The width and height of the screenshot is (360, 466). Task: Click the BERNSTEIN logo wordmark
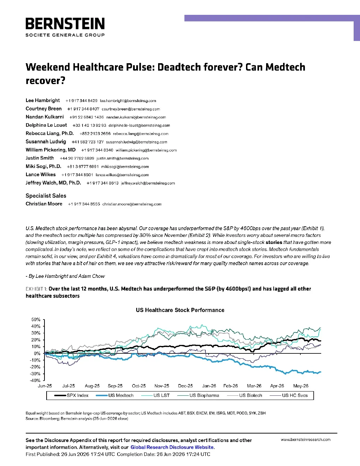point(65,23)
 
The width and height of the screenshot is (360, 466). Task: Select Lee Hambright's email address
point(128,101)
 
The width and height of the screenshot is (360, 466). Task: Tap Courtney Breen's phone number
point(83,109)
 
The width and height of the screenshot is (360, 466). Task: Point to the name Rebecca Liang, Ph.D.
point(49,133)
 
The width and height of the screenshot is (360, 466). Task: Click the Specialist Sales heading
point(46,196)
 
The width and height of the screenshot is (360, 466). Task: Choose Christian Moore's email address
point(132,204)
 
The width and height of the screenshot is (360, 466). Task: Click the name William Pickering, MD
point(50,150)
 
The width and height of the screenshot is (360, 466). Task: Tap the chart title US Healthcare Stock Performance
point(180,310)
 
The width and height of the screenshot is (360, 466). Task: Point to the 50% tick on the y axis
point(36,319)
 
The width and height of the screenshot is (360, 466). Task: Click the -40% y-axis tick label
point(35,381)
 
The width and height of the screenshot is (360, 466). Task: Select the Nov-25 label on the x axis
point(162,386)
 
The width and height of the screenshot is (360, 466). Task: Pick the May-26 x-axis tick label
point(301,386)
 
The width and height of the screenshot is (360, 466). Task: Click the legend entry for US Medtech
point(115,395)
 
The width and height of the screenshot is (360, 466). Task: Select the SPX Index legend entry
point(71,395)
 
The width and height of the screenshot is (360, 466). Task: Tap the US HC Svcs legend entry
point(289,395)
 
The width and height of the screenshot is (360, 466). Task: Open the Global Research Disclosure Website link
point(172,447)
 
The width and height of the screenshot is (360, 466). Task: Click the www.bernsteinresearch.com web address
point(306,440)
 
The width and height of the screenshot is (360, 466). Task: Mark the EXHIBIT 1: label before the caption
point(36,289)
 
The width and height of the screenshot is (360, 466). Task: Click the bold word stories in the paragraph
point(274,242)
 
